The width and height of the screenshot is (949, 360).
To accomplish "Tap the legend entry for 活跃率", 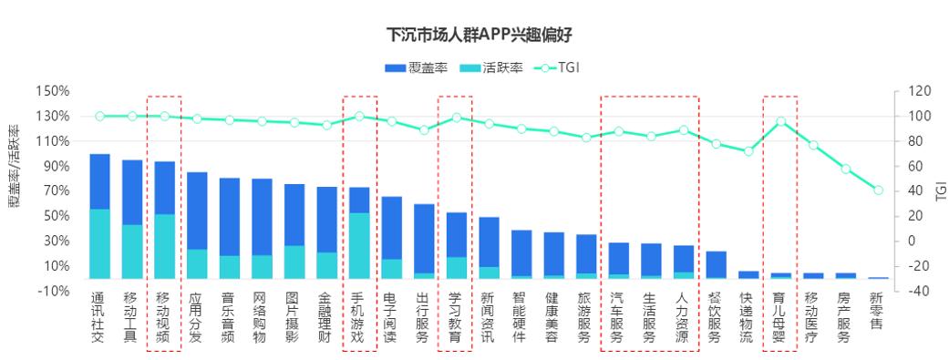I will pyautogui.click(x=492, y=68).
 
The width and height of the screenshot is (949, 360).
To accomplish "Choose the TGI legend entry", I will pyautogui.click(x=558, y=68).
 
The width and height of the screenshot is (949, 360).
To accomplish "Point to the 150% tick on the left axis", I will pyautogui.click(x=52, y=91).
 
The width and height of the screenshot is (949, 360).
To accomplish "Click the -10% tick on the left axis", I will pyautogui.click(x=52, y=291).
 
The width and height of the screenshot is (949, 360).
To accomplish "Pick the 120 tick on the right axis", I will pyautogui.click(x=914, y=91).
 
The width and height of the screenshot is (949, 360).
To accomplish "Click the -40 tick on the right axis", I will pyautogui.click(x=914, y=291).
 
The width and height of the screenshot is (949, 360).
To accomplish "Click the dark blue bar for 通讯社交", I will pyautogui.click(x=99, y=181).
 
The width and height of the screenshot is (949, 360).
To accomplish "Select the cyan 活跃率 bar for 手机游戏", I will pyautogui.click(x=359, y=245).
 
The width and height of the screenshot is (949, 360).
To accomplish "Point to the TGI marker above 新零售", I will pyautogui.click(x=878, y=190).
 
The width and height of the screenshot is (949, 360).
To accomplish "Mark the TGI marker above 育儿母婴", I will pyautogui.click(x=780, y=121).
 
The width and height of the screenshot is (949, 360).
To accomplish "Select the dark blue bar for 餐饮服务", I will pyautogui.click(x=716, y=264).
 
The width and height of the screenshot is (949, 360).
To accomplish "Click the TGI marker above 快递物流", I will pyautogui.click(x=748, y=151).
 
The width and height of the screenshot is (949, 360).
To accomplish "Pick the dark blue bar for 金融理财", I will pyautogui.click(x=326, y=220).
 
